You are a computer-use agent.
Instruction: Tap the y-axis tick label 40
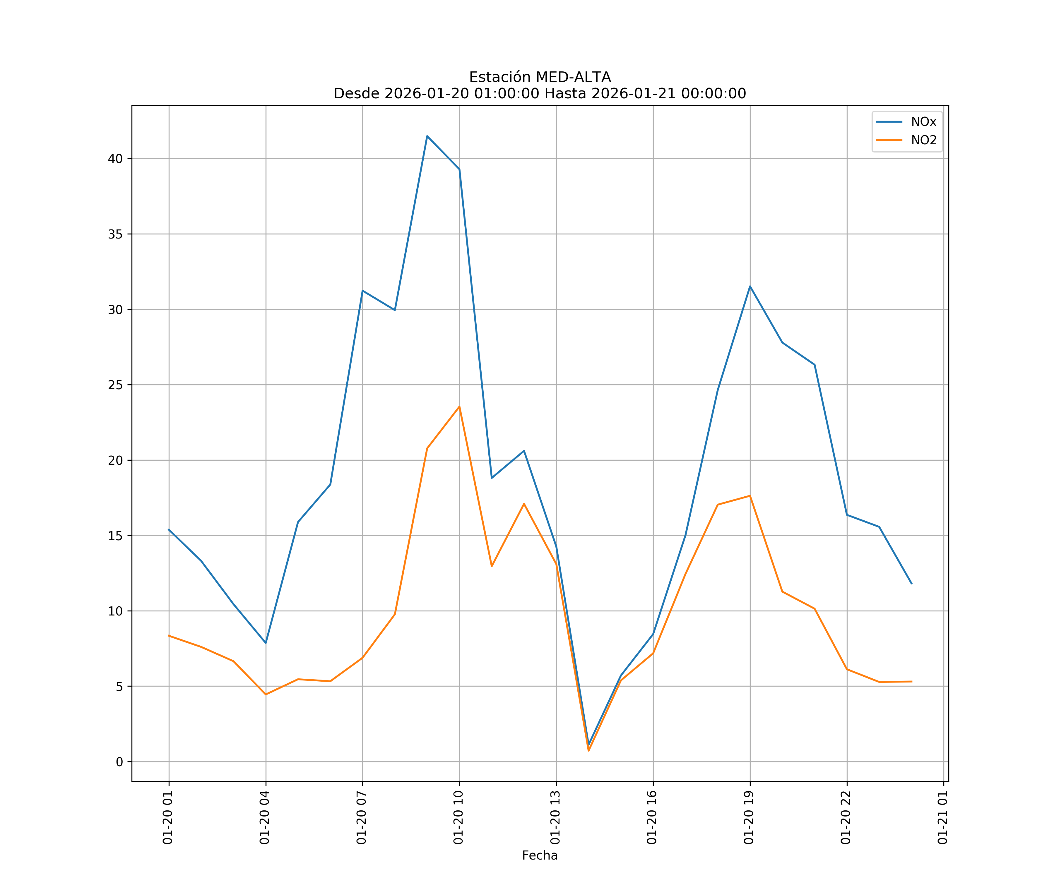(115, 159)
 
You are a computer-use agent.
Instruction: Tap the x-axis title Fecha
(540, 855)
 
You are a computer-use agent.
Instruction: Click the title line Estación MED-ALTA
(540, 77)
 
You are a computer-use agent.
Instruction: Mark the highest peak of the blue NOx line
(427, 136)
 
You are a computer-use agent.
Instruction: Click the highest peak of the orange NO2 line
(459, 407)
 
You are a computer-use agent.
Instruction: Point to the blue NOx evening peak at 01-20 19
(750, 287)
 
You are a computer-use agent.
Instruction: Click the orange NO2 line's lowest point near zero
(589, 751)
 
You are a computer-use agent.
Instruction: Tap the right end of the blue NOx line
(911, 584)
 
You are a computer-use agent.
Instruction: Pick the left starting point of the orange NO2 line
(169, 636)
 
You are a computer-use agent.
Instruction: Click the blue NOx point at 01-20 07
(362, 291)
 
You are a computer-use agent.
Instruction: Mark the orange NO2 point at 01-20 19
(750, 496)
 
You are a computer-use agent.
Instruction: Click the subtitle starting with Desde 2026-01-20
(540, 94)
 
